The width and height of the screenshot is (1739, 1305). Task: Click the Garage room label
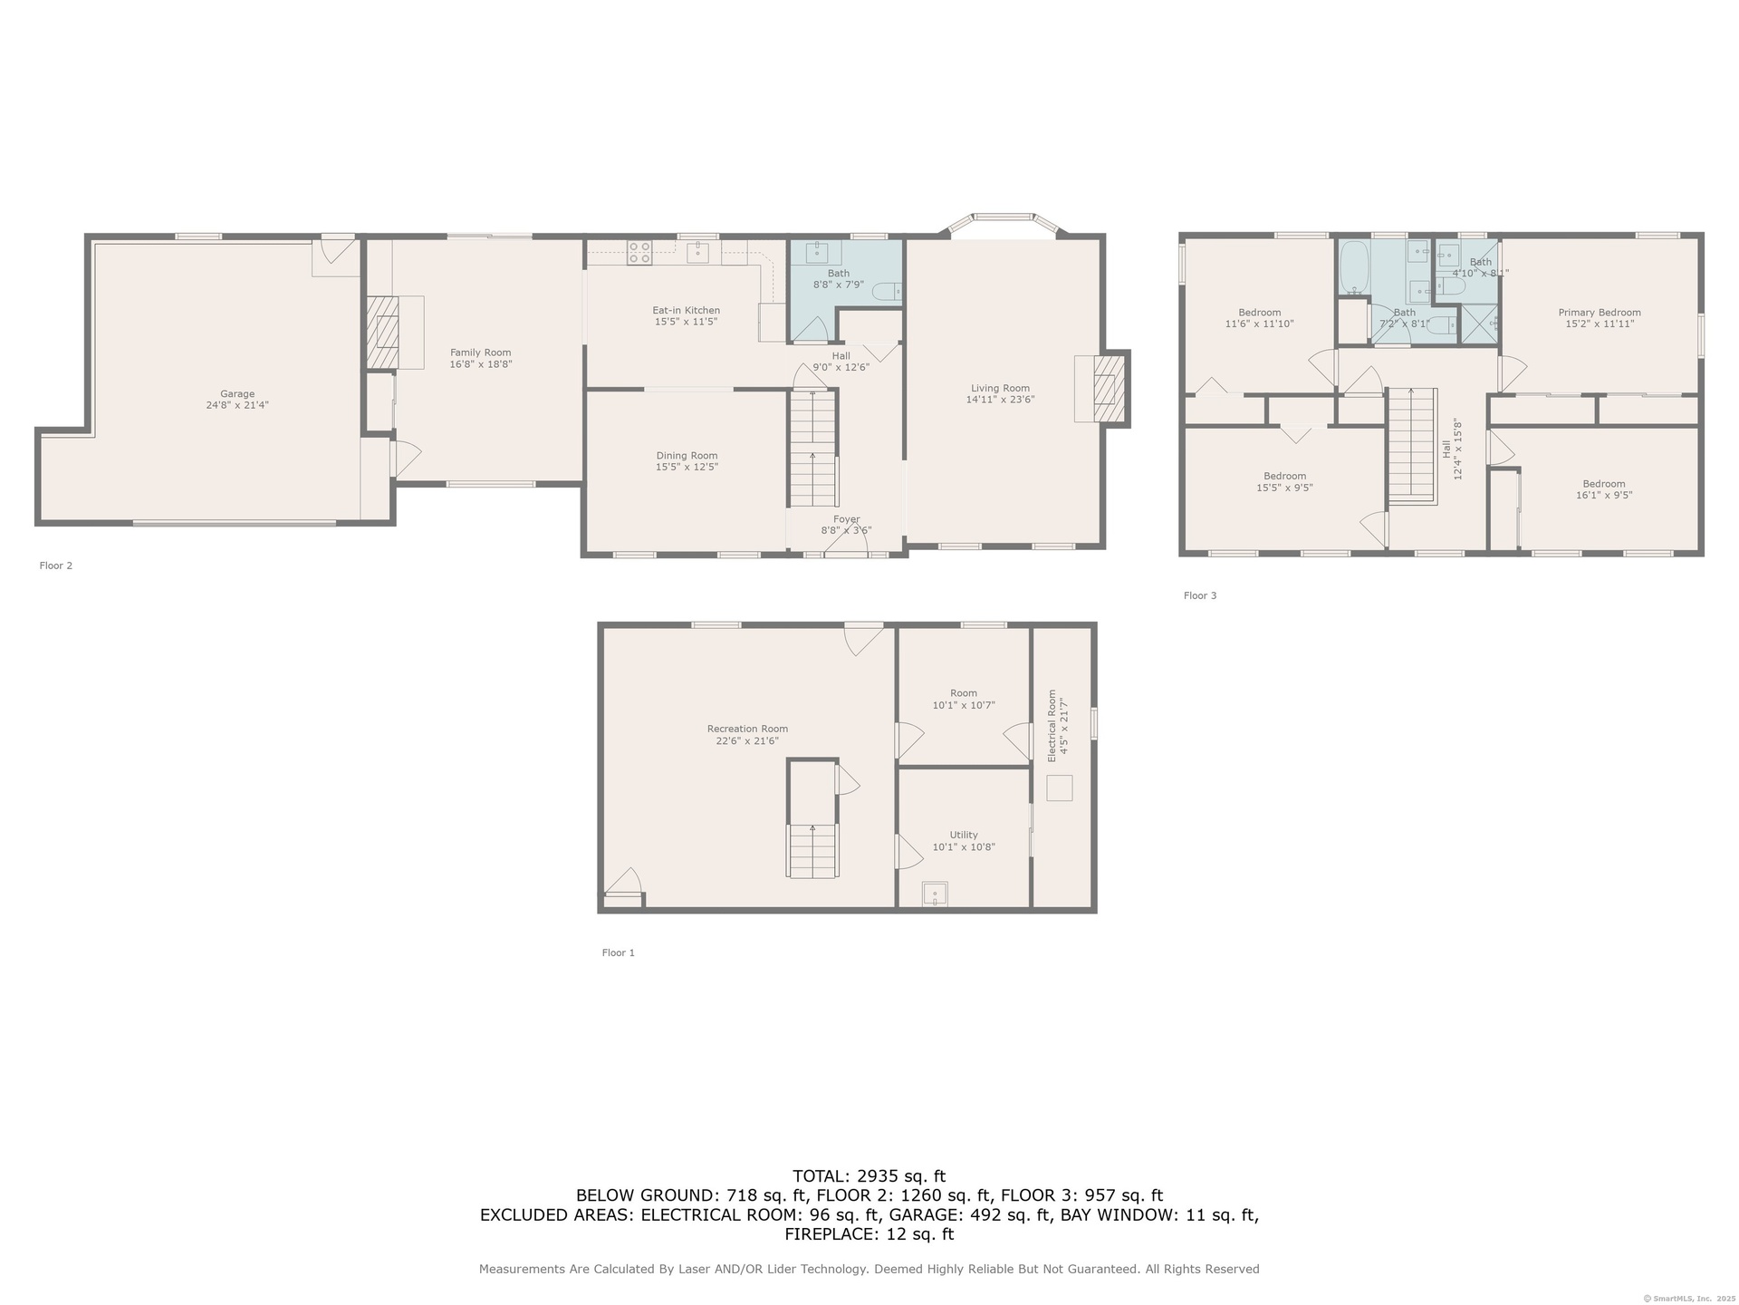coord(237,394)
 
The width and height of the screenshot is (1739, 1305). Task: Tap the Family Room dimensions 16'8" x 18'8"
coord(481,364)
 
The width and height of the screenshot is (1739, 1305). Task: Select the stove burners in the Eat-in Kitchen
coord(639,252)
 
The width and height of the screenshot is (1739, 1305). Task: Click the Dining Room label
coord(687,456)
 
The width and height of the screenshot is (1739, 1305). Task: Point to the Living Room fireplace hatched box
coord(1109,389)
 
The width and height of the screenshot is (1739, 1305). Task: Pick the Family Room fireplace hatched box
coord(382,332)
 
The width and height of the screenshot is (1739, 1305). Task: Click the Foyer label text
coord(847,520)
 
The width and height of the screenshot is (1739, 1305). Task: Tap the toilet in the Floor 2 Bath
coord(887,291)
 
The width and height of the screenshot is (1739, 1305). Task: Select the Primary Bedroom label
coord(1600,313)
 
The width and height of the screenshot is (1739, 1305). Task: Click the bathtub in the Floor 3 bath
coord(1354,268)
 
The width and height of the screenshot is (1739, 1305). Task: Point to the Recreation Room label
coord(747,729)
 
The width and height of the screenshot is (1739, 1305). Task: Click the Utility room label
coord(964,835)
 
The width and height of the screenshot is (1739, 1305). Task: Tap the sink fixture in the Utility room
coord(935,894)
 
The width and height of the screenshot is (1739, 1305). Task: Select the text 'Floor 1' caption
coord(619,952)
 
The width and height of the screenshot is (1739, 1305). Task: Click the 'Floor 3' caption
coord(1200,595)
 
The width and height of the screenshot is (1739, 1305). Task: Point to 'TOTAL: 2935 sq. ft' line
coord(869,1176)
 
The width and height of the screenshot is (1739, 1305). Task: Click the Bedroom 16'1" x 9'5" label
coord(1604,489)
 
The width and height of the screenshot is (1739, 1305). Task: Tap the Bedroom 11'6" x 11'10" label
coord(1260,318)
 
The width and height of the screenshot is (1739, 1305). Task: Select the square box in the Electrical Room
coord(1060,788)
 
